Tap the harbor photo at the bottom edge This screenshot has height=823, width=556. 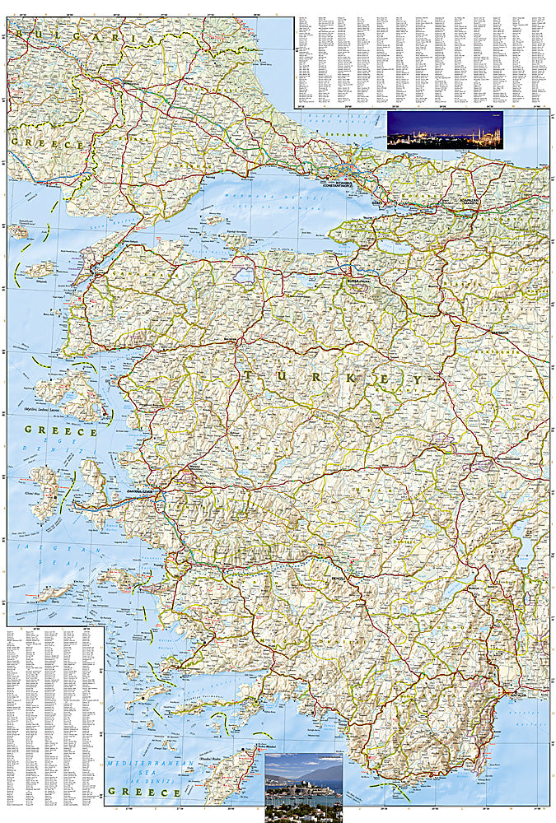pyautogui.click(x=303, y=788)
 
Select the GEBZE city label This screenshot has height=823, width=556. pyautogui.click(x=378, y=202)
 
